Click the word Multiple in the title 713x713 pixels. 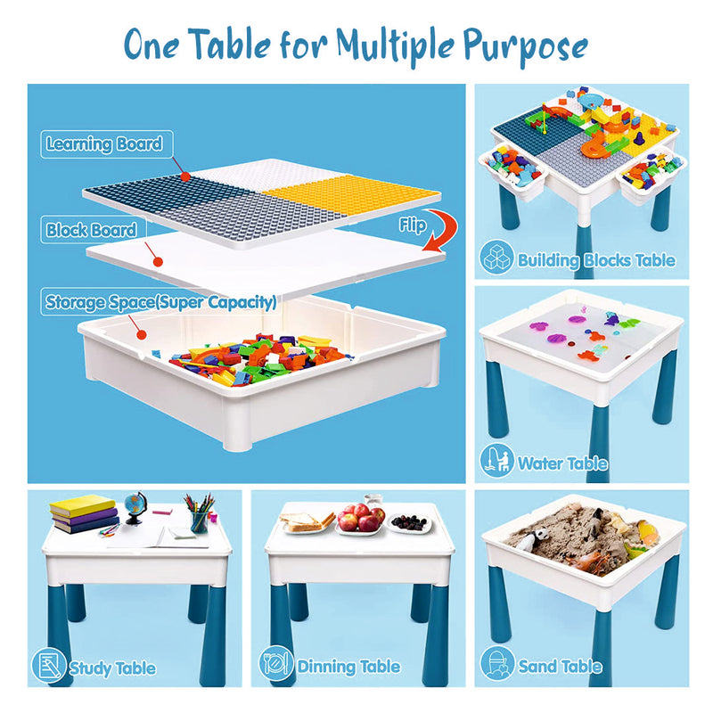click(x=395, y=46)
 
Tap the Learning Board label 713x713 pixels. click(x=104, y=144)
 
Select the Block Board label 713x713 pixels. click(x=92, y=230)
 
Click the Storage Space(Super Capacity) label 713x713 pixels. click(x=160, y=302)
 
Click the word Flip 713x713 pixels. click(x=413, y=225)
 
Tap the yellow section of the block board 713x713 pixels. click(x=350, y=193)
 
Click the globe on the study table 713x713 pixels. click(x=135, y=507)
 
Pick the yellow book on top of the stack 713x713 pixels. click(x=82, y=504)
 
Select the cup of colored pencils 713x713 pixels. click(x=199, y=514)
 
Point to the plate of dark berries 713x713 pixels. click(x=409, y=523)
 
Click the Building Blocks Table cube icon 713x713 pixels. click(x=496, y=258)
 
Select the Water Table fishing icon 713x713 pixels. click(x=497, y=461)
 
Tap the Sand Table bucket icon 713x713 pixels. click(x=497, y=664)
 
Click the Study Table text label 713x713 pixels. click(x=112, y=668)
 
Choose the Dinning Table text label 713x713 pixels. click(x=348, y=667)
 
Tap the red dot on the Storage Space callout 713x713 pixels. click(x=142, y=335)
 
